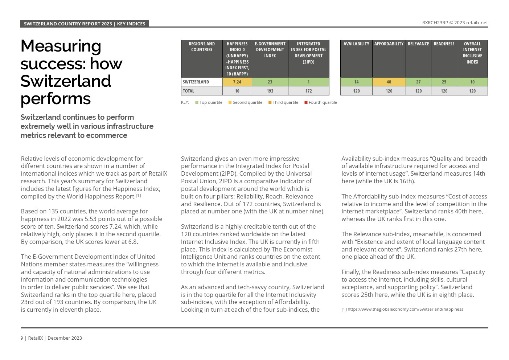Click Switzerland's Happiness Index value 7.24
(x=237, y=82)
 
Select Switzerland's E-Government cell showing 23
(x=270, y=82)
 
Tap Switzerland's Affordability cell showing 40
(x=389, y=82)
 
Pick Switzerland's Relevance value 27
(x=418, y=82)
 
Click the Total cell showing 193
(x=270, y=91)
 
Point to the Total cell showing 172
(x=308, y=91)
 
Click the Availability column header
(x=356, y=44)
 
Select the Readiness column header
(x=444, y=44)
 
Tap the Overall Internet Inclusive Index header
(x=472, y=53)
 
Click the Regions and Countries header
(x=202, y=47)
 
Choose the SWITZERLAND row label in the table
(x=196, y=82)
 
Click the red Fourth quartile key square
(x=306, y=102)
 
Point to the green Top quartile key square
(x=197, y=102)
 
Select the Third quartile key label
(x=285, y=102)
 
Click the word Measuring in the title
(x=61, y=46)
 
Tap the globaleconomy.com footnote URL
(x=405, y=309)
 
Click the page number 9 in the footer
(x=22, y=338)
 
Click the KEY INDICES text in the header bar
(x=131, y=24)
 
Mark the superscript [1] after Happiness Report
(x=138, y=196)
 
